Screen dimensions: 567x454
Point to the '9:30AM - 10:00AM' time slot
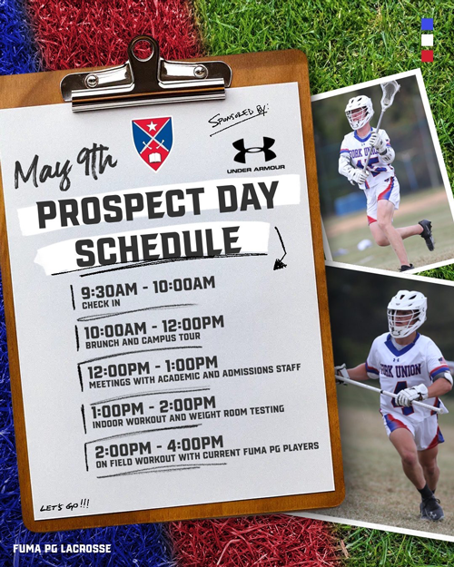(x=147, y=289)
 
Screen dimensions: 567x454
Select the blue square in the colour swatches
(x=427, y=24)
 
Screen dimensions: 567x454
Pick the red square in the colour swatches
(x=427, y=55)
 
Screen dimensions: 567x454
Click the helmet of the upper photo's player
(x=359, y=110)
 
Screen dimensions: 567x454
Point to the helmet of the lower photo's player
(x=406, y=312)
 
